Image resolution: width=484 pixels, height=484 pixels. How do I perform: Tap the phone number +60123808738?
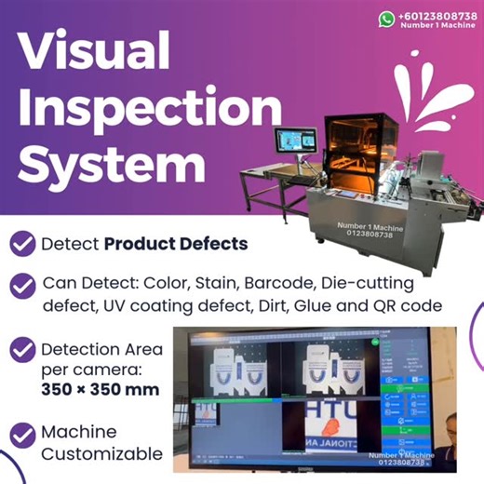pos(436,16)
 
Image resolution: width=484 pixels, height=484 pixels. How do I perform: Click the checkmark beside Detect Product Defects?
pos(21,245)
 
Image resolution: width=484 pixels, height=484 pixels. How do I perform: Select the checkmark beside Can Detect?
pos(21,285)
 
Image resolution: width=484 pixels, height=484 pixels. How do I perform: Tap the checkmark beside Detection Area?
pos(21,351)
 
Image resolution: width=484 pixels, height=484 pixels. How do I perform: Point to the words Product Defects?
pos(176,245)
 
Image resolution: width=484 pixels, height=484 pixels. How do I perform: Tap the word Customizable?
pos(101,455)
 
